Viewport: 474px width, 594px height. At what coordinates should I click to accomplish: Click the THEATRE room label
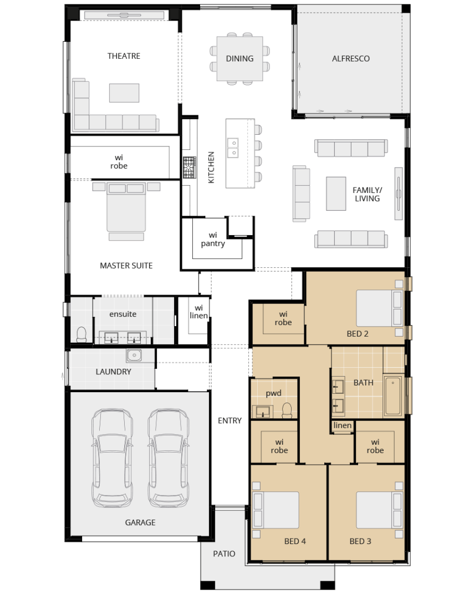pos(124,56)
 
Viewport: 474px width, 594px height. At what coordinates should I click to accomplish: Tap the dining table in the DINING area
pos(239,59)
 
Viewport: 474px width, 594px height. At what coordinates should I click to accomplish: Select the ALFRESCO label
pos(350,59)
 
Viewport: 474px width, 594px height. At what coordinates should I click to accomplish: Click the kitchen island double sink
pos(232,148)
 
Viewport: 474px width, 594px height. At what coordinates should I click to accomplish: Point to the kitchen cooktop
pos(189,167)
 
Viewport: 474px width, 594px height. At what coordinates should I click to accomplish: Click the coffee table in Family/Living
pos(336,194)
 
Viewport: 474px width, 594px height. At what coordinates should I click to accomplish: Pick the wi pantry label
pos(213,240)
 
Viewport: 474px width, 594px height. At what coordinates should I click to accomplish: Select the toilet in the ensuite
pos(82,335)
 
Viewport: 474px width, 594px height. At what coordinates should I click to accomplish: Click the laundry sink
pos(134,356)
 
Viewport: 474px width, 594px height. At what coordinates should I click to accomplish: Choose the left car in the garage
pos(112,458)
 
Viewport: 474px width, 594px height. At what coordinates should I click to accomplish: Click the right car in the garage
pos(169,458)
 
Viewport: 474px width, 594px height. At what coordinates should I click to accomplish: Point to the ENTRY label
pos(230,420)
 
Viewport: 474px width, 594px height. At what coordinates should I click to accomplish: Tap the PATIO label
pos(224,554)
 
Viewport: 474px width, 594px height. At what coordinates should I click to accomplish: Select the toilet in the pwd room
pos(287,410)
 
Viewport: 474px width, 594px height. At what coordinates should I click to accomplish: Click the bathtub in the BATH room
pos(393,395)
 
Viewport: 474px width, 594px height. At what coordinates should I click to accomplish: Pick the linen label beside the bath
pos(343,425)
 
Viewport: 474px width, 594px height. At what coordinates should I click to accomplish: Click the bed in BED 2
pos(379,308)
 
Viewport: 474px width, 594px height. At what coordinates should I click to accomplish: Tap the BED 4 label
pos(295,541)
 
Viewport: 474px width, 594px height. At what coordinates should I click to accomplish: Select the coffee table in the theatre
pos(124,93)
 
